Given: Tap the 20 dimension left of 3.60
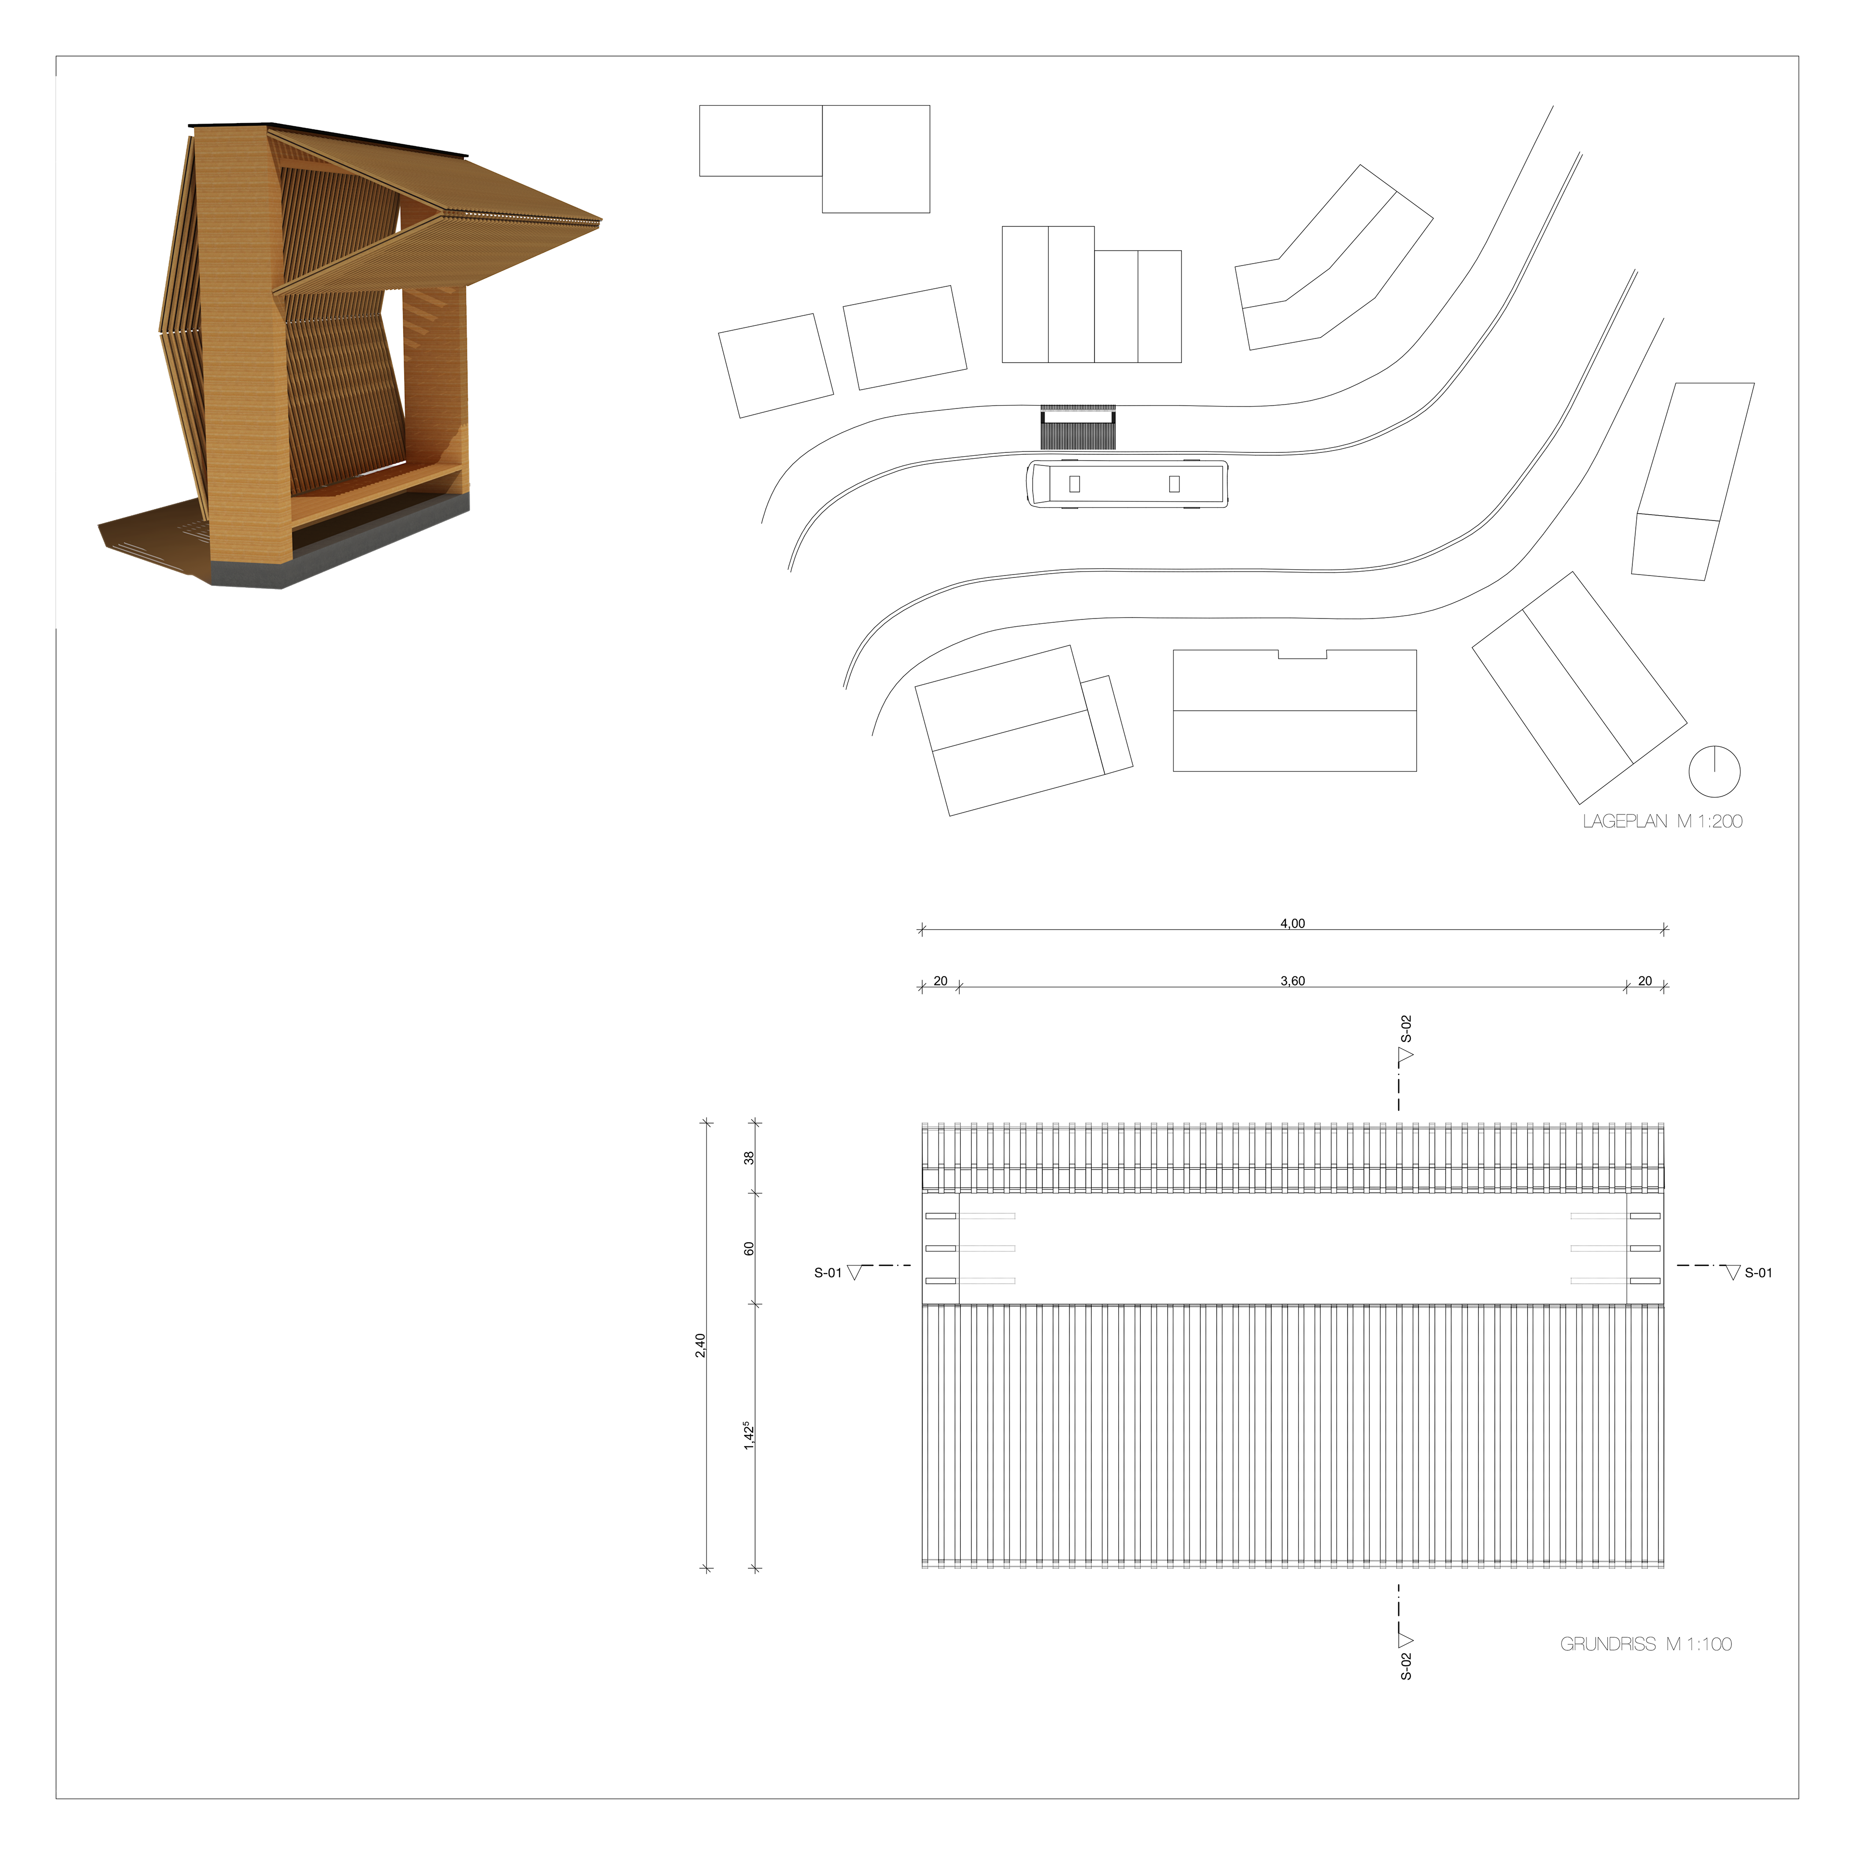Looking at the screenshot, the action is tap(941, 981).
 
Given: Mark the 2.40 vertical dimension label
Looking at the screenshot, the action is tap(700, 1345).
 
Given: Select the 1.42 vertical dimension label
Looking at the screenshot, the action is tap(748, 1436).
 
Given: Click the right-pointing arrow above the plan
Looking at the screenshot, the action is tap(1405, 1054).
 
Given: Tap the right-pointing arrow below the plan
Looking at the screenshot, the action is tap(1405, 1640).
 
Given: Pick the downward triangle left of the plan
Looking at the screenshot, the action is tap(854, 1273).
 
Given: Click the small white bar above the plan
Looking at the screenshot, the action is tap(1078, 417).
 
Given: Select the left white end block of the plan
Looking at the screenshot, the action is tap(941, 1248).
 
